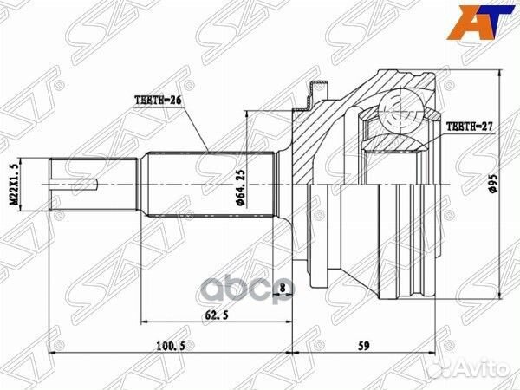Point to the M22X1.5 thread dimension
point(13,184)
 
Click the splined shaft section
point(208,185)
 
